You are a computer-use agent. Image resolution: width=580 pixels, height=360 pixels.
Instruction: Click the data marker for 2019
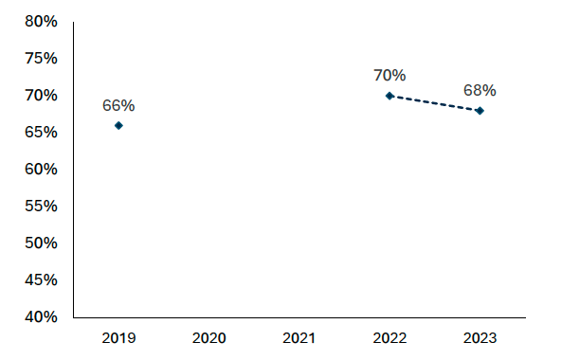(x=118, y=125)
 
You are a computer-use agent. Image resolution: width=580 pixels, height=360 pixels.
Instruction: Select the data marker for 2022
(x=390, y=96)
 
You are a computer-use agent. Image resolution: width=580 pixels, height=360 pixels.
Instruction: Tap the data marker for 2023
(x=480, y=111)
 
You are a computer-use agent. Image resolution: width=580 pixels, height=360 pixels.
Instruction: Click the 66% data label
(x=118, y=105)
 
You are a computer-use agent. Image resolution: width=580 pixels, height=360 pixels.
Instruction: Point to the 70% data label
(x=390, y=75)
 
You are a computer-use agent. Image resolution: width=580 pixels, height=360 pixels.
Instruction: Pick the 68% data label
(x=480, y=91)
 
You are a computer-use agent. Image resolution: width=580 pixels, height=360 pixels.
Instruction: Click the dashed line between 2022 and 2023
(x=434, y=103)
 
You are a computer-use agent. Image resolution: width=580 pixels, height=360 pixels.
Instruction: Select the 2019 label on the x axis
(x=118, y=337)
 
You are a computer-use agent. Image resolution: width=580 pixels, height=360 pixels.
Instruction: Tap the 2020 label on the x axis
(x=208, y=337)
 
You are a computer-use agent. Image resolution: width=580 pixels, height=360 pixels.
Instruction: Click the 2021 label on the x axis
(x=299, y=337)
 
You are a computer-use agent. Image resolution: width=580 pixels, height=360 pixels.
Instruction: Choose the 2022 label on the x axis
(x=390, y=337)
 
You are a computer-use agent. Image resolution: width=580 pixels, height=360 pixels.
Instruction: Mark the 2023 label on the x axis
(x=480, y=337)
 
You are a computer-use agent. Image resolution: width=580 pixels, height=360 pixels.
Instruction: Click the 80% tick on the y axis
(x=40, y=22)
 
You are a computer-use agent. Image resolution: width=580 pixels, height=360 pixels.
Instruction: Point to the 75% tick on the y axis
(x=40, y=59)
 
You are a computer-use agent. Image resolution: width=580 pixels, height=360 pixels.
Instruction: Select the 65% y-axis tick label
(x=40, y=133)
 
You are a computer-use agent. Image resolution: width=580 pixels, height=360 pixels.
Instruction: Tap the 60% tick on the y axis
(x=40, y=169)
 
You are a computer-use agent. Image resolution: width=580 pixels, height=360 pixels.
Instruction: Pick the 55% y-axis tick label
(x=40, y=206)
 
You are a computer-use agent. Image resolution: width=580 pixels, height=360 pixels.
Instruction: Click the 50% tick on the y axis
(x=40, y=243)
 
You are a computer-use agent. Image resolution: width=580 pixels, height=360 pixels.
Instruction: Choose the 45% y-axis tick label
(x=40, y=279)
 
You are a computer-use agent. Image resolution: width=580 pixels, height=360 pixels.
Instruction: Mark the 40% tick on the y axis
(x=40, y=316)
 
